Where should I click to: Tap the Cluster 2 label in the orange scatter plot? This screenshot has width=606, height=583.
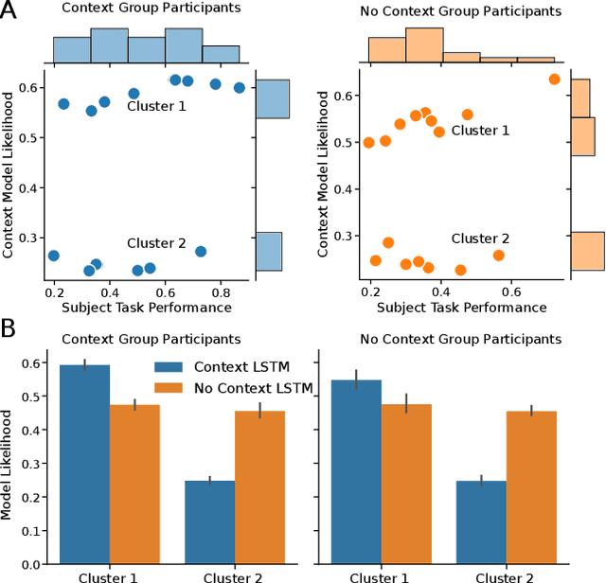[x=480, y=238]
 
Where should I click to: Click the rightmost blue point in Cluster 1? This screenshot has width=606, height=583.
[x=240, y=88]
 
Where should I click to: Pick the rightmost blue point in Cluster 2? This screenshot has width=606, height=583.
[x=201, y=252]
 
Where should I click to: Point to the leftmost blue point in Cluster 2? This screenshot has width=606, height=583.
[x=54, y=256]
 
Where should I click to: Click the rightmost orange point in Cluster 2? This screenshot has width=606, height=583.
[x=499, y=256]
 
